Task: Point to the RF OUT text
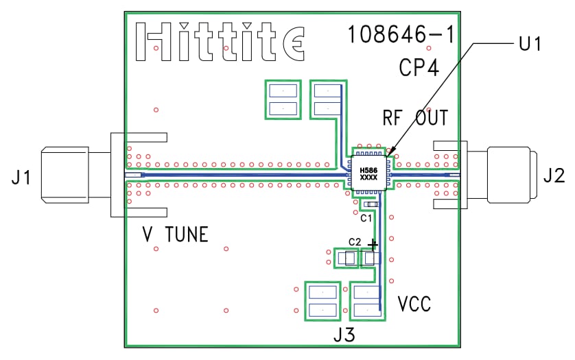click(x=415, y=118)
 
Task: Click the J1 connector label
click(x=21, y=179)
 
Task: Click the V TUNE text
click(x=175, y=235)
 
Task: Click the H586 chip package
click(x=369, y=173)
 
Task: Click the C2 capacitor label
click(x=354, y=242)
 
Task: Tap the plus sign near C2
click(x=373, y=244)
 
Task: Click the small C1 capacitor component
click(x=371, y=205)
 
